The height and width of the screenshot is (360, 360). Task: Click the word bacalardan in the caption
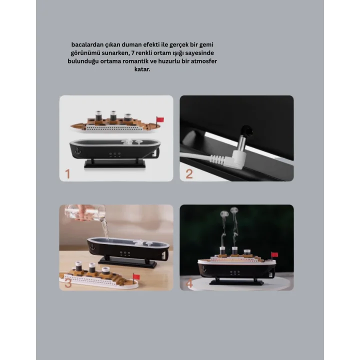coord(86,44)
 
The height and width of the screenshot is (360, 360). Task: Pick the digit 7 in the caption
coord(132,52)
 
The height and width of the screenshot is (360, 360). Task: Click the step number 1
coord(67,173)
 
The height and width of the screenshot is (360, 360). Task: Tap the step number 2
coord(188,173)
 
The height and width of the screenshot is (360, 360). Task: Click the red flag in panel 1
coord(160,119)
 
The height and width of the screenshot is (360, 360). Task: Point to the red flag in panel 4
coord(274,255)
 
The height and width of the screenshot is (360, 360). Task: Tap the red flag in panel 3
coord(136,275)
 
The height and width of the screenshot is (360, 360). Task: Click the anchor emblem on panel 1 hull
coord(77,148)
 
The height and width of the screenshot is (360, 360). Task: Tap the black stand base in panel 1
coord(114,163)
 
